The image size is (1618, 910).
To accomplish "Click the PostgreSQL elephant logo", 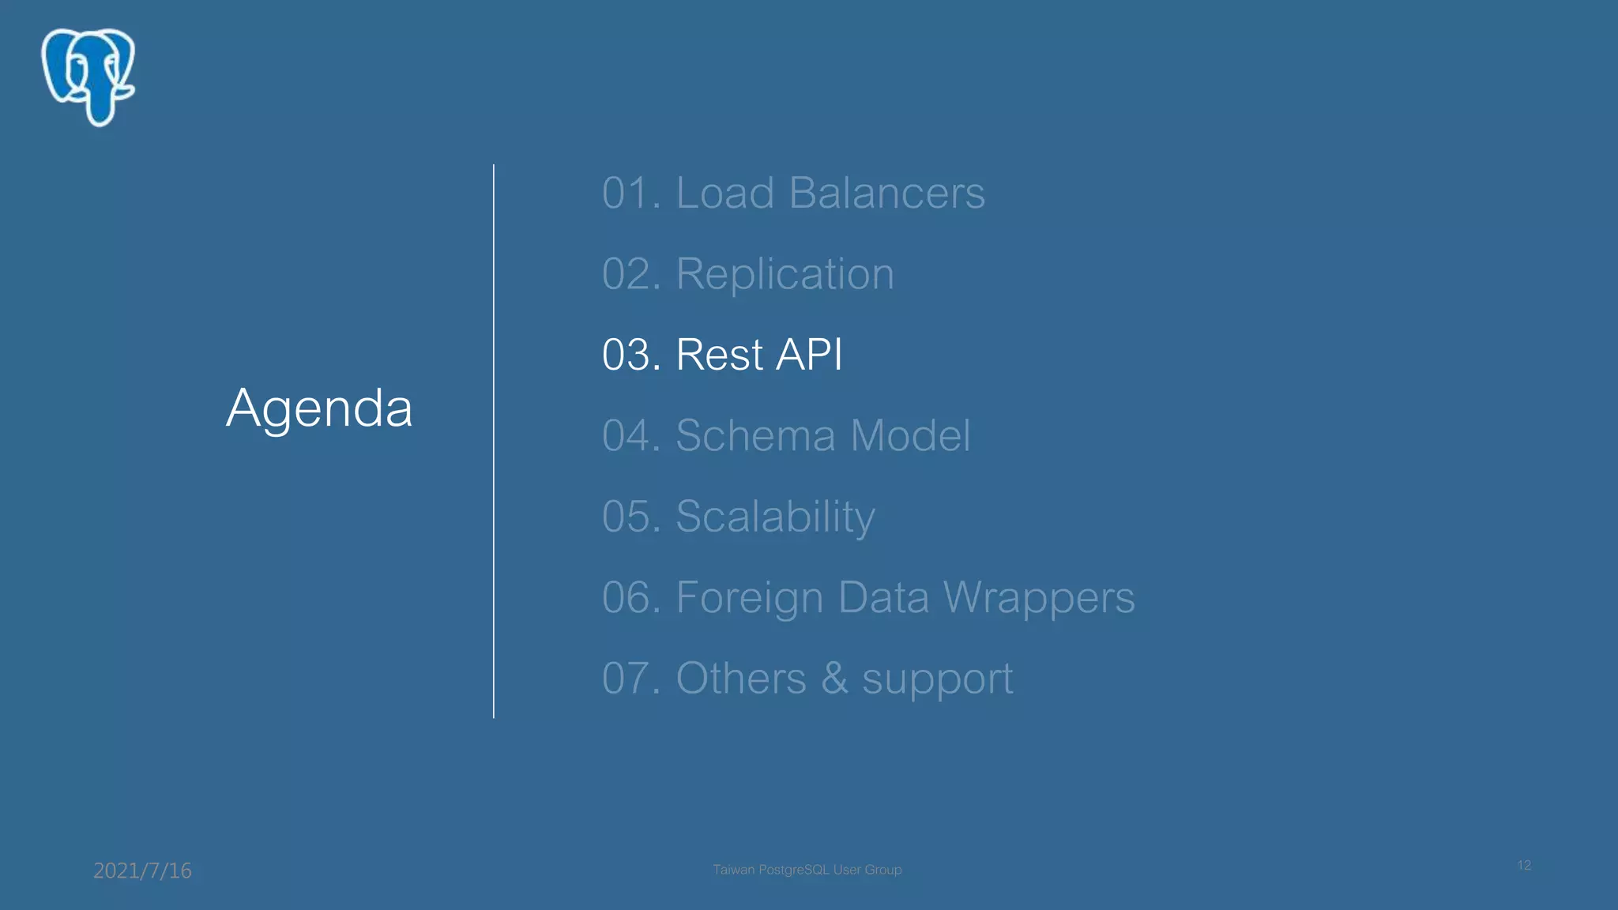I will pyautogui.click(x=88, y=77).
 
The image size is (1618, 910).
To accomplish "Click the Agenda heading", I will pyautogui.click(x=319, y=408).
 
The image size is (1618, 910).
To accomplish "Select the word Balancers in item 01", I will pyautogui.click(x=886, y=193).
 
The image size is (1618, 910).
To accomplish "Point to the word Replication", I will pyautogui.click(x=785, y=274).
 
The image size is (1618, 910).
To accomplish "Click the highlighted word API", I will pyautogui.click(x=809, y=355).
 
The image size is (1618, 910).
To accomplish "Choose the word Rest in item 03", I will pyautogui.click(x=719, y=355).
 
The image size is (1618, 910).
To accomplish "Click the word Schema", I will pyautogui.click(x=755, y=435).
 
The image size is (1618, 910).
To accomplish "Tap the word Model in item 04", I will pyautogui.click(x=910, y=435).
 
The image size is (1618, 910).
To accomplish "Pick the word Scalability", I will pyautogui.click(x=775, y=517).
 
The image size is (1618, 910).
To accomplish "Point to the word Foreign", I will pyautogui.click(x=750, y=598).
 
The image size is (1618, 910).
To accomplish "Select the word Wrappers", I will pyautogui.click(x=1039, y=598).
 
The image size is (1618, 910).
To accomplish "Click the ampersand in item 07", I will pyautogui.click(x=834, y=679).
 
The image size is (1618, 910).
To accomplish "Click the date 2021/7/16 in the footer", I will pyautogui.click(x=142, y=871).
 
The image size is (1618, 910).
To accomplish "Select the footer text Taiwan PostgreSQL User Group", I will pyautogui.click(x=807, y=870).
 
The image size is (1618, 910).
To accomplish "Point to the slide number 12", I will pyautogui.click(x=1524, y=865).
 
